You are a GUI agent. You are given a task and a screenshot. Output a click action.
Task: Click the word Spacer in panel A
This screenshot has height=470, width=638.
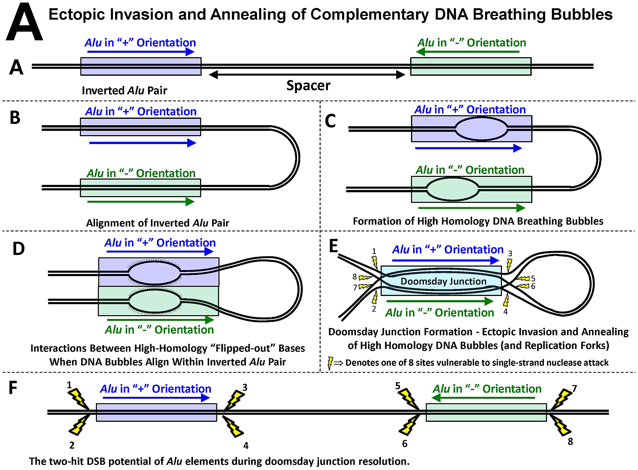(x=308, y=86)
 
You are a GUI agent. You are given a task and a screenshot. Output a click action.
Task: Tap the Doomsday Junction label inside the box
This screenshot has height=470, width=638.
(x=443, y=281)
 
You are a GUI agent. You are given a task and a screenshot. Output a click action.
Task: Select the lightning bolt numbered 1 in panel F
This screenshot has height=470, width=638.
(x=79, y=398)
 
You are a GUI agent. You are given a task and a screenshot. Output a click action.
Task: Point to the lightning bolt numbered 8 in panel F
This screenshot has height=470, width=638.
(x=560, y=426)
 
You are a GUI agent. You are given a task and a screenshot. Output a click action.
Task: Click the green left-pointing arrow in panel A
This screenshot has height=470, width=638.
(x=468, y=51)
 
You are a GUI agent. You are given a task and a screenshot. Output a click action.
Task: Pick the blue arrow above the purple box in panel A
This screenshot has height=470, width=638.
(x=141, y=51)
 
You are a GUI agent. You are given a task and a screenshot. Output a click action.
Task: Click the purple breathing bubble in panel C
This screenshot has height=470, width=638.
(x=481, y=129)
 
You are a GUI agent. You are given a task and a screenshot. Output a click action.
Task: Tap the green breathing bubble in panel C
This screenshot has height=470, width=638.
(x=453, y=189)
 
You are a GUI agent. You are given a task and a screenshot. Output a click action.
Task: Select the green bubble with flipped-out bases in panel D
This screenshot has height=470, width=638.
(x=155, y=301)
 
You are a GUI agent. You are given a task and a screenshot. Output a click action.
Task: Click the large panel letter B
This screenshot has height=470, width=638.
(x=15, y=117)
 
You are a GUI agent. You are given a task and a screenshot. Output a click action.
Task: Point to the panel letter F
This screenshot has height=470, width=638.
(x=13, y=388)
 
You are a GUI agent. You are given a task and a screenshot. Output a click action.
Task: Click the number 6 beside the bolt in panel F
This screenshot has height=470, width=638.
(x=405, y=443)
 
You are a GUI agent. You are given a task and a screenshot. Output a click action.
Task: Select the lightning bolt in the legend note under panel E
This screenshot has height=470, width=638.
(x=330, y=363)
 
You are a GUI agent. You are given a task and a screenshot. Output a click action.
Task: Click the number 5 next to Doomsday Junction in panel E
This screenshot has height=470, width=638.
(x=533, y=278)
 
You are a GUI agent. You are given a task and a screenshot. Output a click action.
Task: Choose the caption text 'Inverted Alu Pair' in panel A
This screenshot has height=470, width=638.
(x=124, y=91)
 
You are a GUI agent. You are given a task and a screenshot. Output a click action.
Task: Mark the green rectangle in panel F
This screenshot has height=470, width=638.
(x=486, y=413)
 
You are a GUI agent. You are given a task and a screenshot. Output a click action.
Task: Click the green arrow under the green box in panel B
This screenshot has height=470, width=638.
(x=141, y=202)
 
